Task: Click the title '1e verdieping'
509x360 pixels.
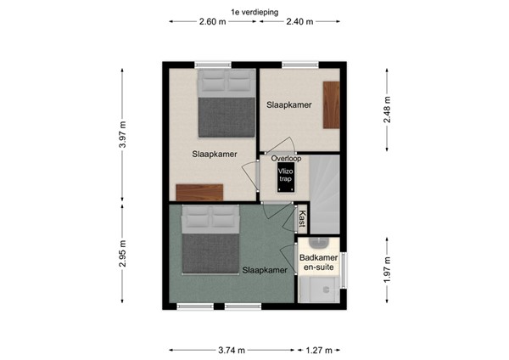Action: [x=254, y=11]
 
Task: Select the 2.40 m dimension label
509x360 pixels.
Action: [x=299, y=22]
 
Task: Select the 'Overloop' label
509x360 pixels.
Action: [x=287, y=158]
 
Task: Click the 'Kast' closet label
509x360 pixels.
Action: [x=301, y=220]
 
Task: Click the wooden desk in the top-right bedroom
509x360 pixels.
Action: [x=331, y=104]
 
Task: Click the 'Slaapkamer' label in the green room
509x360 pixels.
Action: [x=263, y=271]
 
